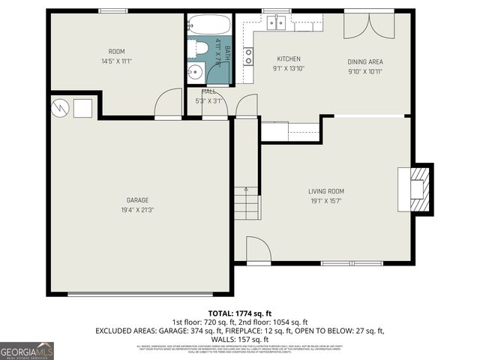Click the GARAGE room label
137,200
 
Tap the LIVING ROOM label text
325,191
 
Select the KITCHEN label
289,58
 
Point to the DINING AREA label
365,61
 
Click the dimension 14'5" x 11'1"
116,61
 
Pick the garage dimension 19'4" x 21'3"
137,211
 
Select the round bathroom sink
195,72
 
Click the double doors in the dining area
367,27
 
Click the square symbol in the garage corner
82,109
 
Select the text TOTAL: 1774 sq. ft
239,313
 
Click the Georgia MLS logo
27,351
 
